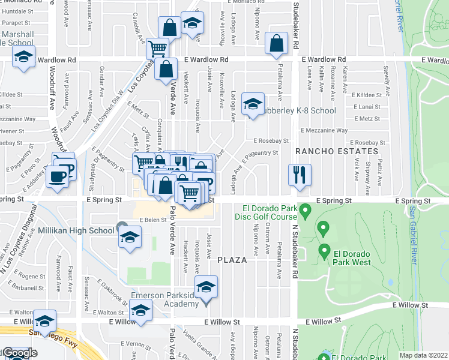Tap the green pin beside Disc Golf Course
click(306, 211)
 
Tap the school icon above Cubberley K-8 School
click(253, 103)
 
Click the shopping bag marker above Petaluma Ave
click(276, 43)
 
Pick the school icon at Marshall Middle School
click(23, 58)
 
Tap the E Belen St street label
click(152, 220)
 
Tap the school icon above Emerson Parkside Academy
click(206, 287)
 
